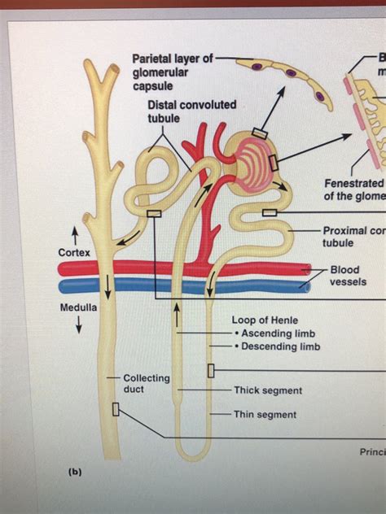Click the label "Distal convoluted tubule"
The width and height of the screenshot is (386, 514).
click(x=191, y=111)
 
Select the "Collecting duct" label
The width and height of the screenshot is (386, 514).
click(x=146, y=384)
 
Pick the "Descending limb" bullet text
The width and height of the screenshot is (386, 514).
click(x=278, y=346)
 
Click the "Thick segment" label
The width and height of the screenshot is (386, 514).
click(x=267, y=390)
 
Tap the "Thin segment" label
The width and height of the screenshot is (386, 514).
click(x=265, y=415)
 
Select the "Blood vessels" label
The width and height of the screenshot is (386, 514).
click(x=347, y=276)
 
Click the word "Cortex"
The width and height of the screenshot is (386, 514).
click(x=74, y=252)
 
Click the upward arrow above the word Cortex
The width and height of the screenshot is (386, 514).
click(x=75, y=235)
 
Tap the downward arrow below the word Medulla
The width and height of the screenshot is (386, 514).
click(x=78, y=325)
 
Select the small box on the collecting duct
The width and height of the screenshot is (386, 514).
click(x=116, y=409)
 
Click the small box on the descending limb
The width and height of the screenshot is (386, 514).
click(x=211, y=371)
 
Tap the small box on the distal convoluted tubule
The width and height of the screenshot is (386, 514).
click(x=154, y=213)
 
